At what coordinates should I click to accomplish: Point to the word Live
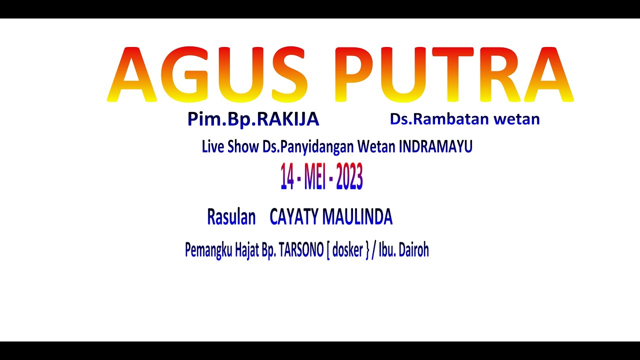click(213, 147)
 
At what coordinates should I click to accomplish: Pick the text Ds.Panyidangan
click(309, 147)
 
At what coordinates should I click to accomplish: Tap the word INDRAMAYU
click(435, 147)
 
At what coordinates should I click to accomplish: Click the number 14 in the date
click(287, 177)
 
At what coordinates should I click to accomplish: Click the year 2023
click(349, 177)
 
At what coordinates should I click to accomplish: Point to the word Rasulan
click(231, 217)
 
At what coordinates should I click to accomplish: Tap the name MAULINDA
click(357, 217)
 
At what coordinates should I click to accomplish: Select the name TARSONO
click(301, 250)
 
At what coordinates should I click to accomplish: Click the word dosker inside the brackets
click(347, 250)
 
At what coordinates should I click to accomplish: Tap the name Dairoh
click(414, 250)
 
